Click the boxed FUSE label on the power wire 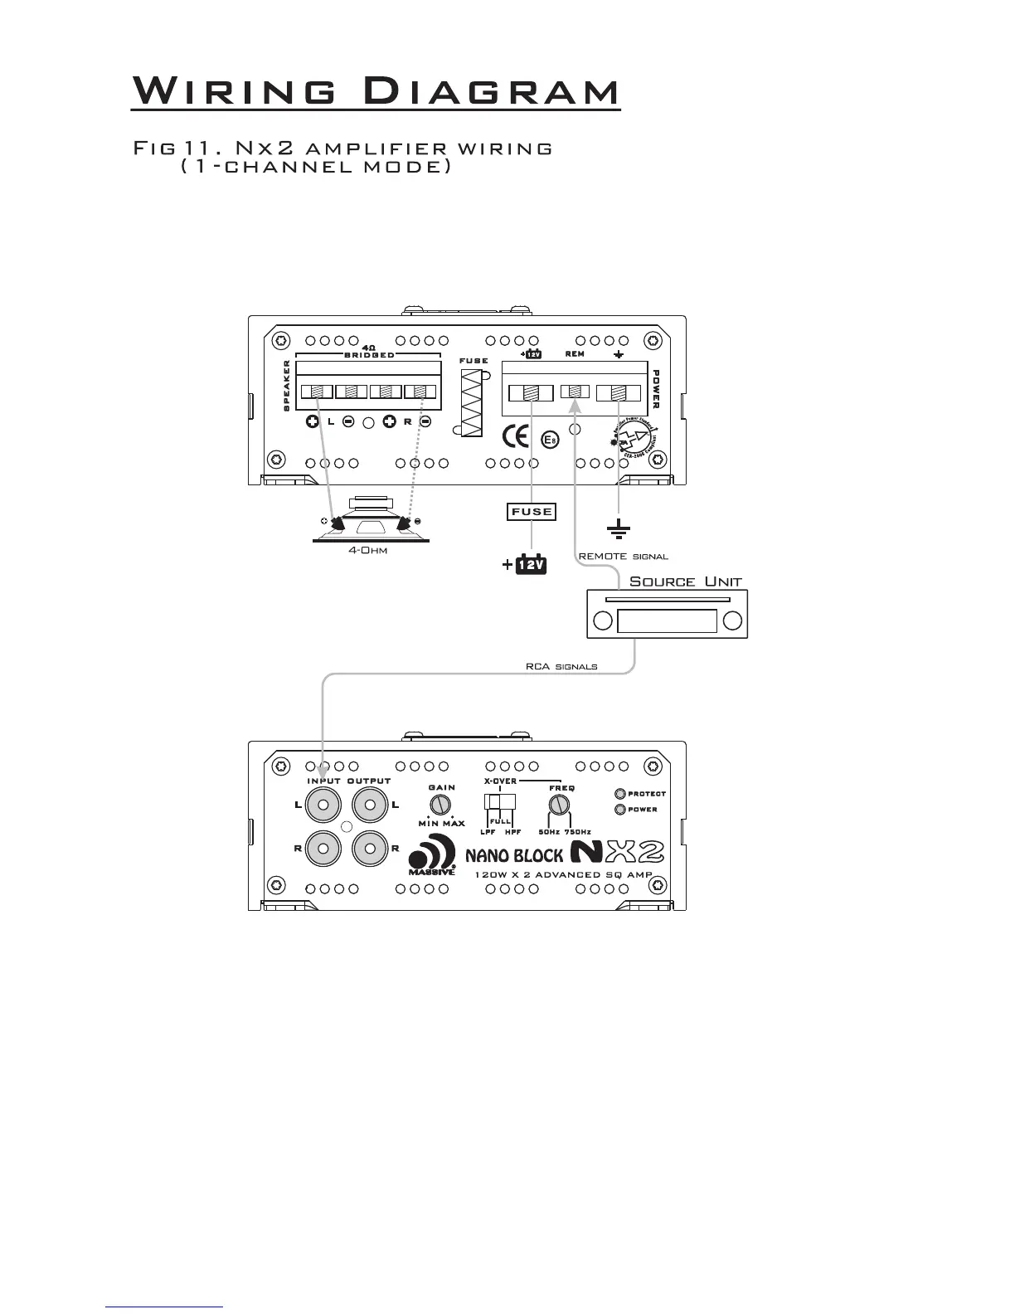pyautogui.click(x=532, y=512)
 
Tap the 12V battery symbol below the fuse pyautogui.click(x=532, y=565)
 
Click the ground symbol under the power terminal pyautogui.click(x=619, y=528)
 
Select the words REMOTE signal pyautogui.click(x=623, y=557)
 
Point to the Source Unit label pyautogui.click(x=685, y=582)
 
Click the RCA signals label pyautogui.click(x=561, y=667)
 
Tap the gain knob pyautogui.click(x=440, y=804)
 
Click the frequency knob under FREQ pyautogui.click(x=561, y=805)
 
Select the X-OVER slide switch pyautogui.click(x=501, y=802)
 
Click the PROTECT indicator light pyautogui.click(x=619, y=794)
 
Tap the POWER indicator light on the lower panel pyautogui.click(x=619, y=810)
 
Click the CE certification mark pyautogui.click(x=517, y=436)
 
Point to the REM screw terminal pyautogui.click(x=575, y=392)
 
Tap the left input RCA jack pyautogui.click(x=323, y=805)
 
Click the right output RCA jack pyautogui.click(x=370, y=848)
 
